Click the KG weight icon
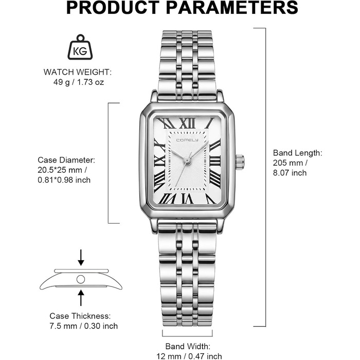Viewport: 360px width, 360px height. point(80,47)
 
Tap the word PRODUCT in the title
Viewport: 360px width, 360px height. point(113,8)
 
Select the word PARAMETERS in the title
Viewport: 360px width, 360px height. point(232,8)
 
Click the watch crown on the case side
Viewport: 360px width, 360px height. point(240,162)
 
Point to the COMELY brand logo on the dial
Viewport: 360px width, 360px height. point(187,140)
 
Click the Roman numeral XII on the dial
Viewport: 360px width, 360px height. point(187,123)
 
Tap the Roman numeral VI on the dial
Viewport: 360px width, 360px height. point(188,199)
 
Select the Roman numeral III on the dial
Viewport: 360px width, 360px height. point(215,161)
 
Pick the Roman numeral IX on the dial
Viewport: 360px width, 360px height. point(159,161)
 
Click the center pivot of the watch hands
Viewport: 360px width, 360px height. point(187,160)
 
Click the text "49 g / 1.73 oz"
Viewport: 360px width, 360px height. point(79,82)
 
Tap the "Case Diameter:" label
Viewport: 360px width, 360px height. point(66,160)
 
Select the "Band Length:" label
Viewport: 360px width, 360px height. point(298,153)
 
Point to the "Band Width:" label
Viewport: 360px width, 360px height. point(188,346)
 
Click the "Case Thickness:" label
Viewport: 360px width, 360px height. point(80,316)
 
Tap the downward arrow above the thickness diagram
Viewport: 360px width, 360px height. point(81,258)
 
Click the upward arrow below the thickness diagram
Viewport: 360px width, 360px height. point(81,298)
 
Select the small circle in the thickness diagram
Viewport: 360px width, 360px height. point(81,279)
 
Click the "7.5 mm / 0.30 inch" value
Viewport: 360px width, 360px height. point(83,326)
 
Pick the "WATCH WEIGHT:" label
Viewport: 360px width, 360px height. point(78,72)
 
